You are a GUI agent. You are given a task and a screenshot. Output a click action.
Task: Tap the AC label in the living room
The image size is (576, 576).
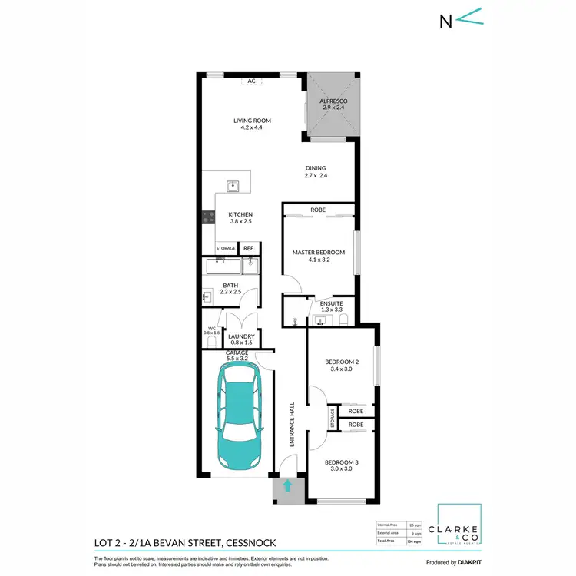[x=251, y=81]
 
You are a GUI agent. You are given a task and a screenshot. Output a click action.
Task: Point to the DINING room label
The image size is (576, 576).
[x=316, y=168]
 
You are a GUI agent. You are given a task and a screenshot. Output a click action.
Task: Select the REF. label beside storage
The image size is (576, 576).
[x=249, y=248]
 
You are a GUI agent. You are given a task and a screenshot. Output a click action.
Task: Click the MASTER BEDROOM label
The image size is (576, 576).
[x=318, y=252]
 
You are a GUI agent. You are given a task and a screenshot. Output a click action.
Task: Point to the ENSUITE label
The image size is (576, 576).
[x=332, y=303]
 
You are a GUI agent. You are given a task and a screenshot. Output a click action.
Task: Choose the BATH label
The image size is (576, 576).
[x=231, y=286]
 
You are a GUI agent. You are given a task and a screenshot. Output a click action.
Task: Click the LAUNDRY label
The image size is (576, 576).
[x=241, y=336]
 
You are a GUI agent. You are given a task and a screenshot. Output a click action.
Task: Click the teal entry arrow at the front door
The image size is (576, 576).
[x=288, y=485]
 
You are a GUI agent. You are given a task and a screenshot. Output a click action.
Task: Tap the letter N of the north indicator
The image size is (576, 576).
[x=444, y=21]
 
